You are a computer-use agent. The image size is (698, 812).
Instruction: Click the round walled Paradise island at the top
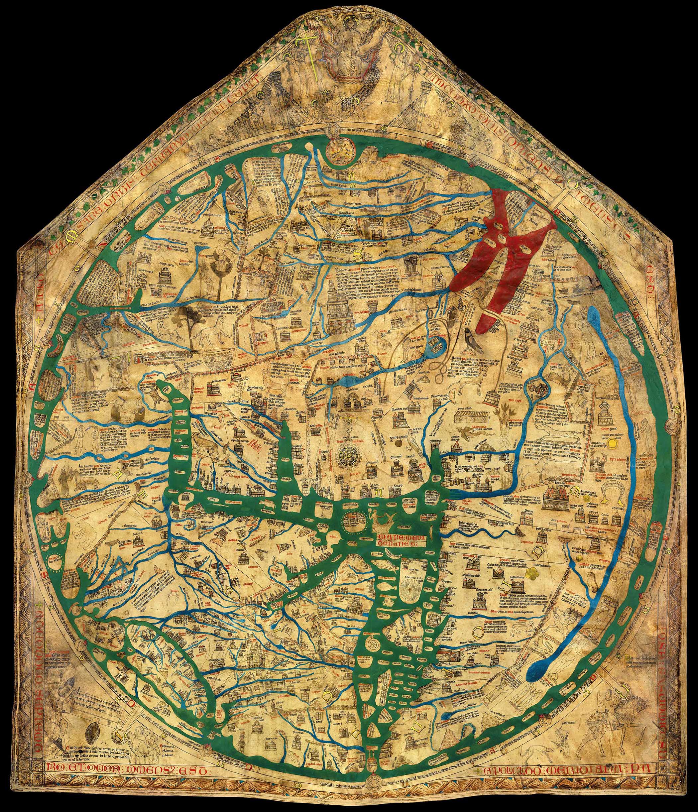coord(340,151)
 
